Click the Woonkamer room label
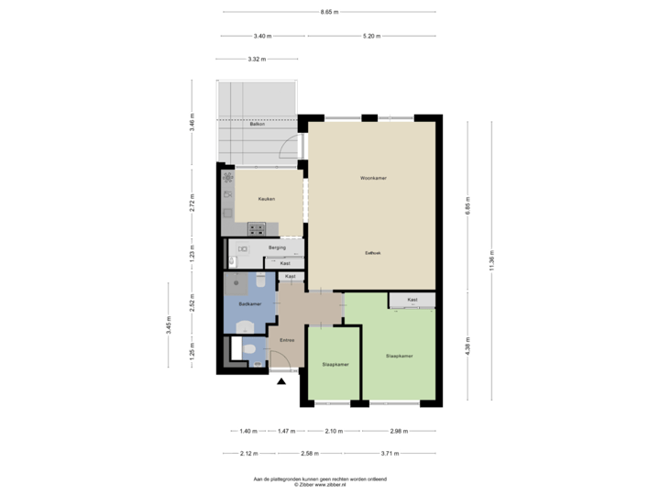tap(372, 178)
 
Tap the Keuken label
tap(268, 197)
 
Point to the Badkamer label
tap(250, 303)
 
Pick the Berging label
tap(278, 247)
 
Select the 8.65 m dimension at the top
tap(329, 12)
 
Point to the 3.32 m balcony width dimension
tap(257, 60)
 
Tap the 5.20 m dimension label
tap(371, 37)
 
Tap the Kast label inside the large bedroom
tap(412, 300)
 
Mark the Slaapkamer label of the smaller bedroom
tap(335, 364)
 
